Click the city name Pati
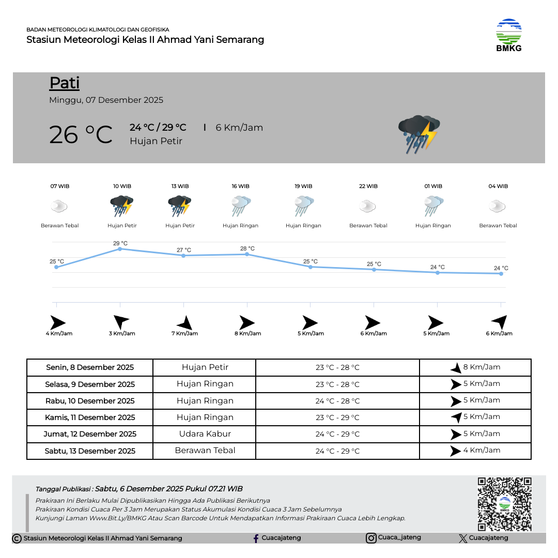tap(65, 83)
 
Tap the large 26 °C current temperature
tap(81, 135)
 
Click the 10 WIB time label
tap(122, 186)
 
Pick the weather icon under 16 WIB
tap(241, 206)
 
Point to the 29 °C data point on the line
tap(120, 249)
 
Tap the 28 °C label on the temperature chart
tap(247, 249)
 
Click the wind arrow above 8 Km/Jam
tap(246, 323)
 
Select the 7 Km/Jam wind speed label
tap(184, 334)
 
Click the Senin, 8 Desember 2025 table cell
tap(90, 367)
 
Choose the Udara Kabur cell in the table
tap(205, 434)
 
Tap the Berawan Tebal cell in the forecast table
tap(205, 451)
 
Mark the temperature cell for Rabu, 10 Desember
tap(337, 401)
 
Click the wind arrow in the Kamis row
tap(456, 417)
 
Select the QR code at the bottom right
tap(504, 504)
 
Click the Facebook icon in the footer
tap(256, 538)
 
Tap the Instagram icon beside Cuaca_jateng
tap(371, 538)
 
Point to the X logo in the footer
tap(463, 538)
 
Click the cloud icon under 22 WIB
tap(367, 207)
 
